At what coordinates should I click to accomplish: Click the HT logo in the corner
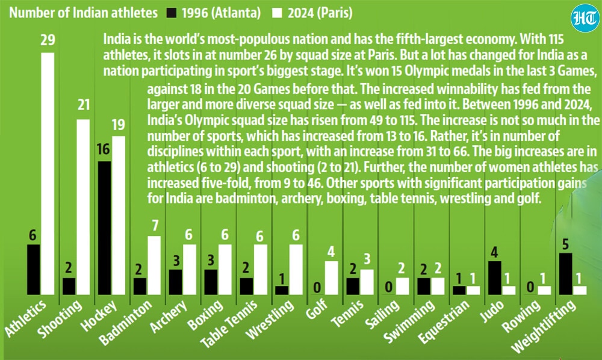[585, 18]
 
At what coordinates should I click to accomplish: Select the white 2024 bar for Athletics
[48, 173]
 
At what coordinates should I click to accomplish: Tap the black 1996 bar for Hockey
[104, 228]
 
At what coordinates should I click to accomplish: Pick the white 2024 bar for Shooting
[83, 207]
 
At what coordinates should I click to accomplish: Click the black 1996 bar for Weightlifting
[565, 274]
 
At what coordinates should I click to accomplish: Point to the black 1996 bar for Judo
[494, 278]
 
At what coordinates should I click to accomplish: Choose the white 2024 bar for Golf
[331, 278]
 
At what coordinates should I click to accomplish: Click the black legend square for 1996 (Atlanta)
[172, 13]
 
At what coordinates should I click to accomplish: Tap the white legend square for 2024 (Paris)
[277, 13]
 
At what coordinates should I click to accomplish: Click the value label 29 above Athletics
[48, 40]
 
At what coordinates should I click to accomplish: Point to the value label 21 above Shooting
[83, 105]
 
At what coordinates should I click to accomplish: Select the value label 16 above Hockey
[104, 149]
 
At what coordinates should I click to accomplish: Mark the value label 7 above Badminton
[155, 225]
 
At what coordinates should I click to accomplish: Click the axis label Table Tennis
[229, 323]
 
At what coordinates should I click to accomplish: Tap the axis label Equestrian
[444, 321]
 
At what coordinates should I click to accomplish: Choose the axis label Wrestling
[270, 319]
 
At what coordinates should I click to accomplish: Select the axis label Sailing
[382, 315]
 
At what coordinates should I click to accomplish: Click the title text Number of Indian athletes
[83, 13]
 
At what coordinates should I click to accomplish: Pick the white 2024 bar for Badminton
[154, 265]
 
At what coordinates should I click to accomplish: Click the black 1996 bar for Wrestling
[282, 291]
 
